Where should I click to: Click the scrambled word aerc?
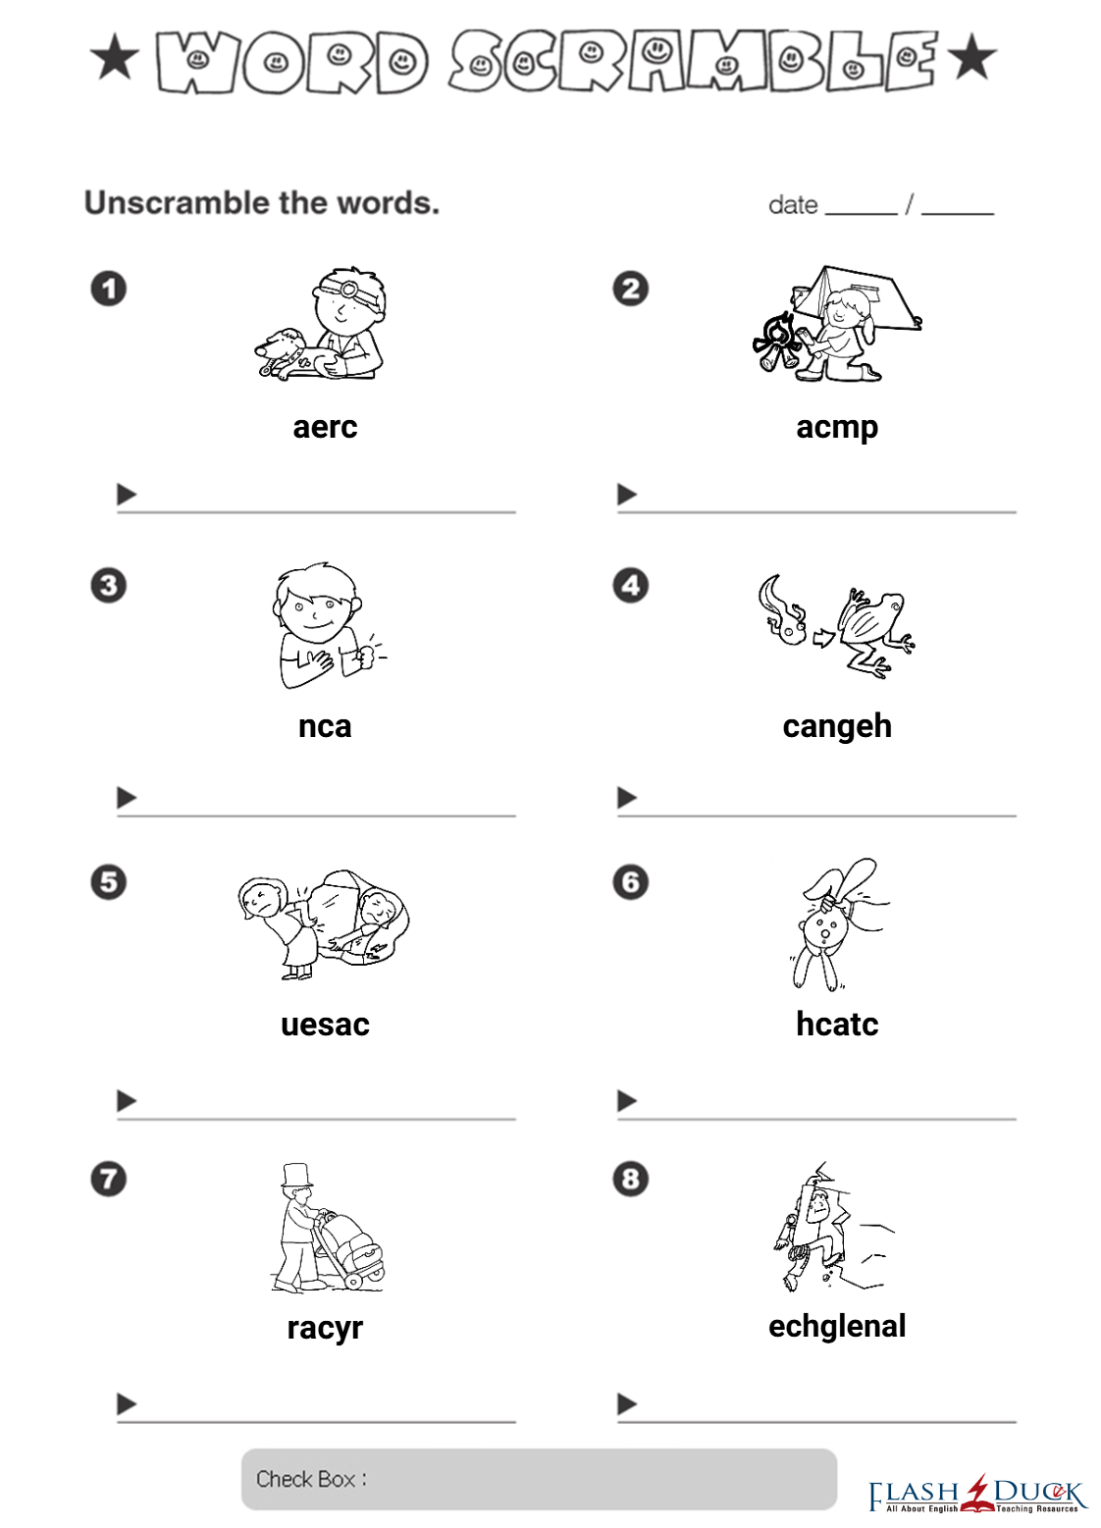pyautogui.click(x=325, y=428)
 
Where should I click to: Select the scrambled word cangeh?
pyautogui.click(x=837, y=727)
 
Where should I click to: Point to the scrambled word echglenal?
pyautogui.click(x=837, y=1327)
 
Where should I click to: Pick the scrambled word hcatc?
pyautogui.click(x=837, y=1025)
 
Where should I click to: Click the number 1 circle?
pyautogui.click(x=109, y=289)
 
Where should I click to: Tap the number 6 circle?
pyautogui.click(x=630, y=882)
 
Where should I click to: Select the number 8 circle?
pyautogui.click(x=630, y=1180)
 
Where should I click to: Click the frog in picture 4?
pyautogui.click(x=876, y=632)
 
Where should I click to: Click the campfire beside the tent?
pyautogui.click(x=776, y=342)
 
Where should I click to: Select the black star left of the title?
pyautogui.click(x=115, y=57)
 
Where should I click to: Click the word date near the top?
pyautogui.click(x=793, y=205)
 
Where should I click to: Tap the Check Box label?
pyautogui.click(x=311, y=1479)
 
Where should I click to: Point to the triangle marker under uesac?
pyautogui.click(x=127, y=1100)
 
